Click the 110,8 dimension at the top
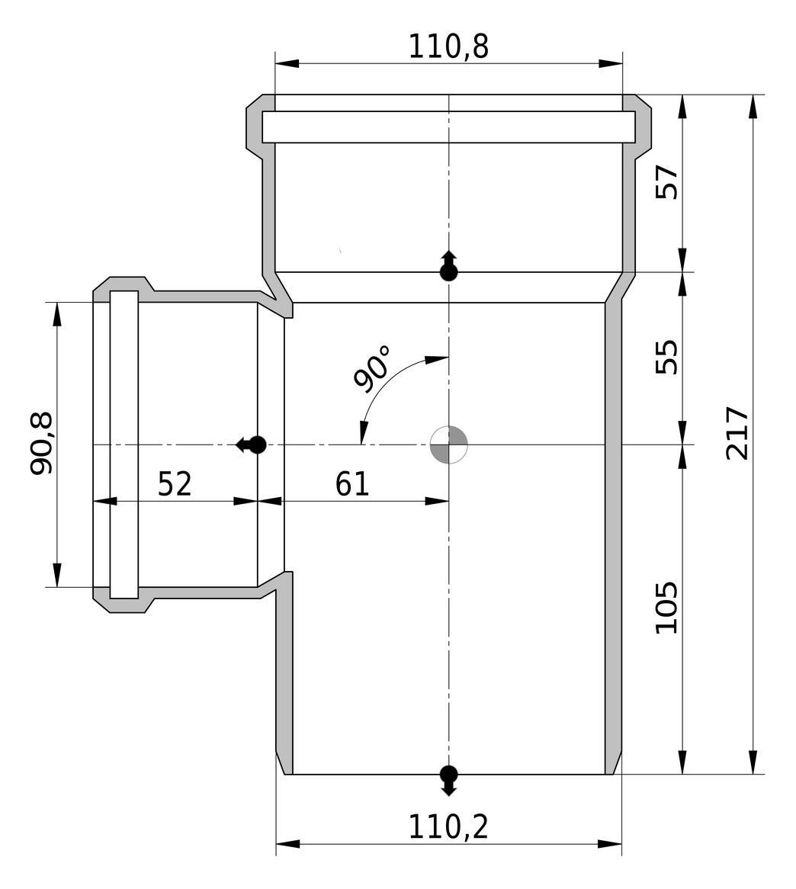point(448,47)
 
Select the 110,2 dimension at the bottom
point(448,827)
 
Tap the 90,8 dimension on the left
point(42,443)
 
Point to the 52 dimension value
point(175,484)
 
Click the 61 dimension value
point(352,484)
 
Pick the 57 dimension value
point(666,182)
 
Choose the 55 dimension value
point(666,357)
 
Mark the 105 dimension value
point(666,607)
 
